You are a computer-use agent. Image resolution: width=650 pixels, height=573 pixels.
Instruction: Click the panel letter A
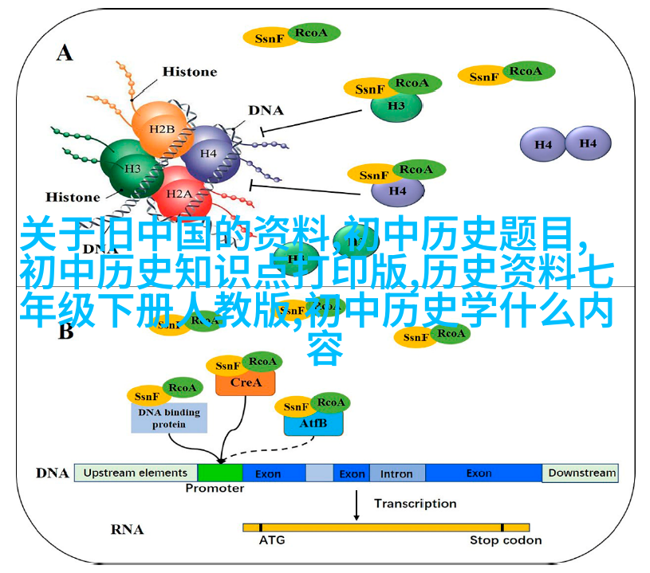[65, 53]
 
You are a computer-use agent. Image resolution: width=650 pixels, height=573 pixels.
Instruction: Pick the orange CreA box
[245, 383]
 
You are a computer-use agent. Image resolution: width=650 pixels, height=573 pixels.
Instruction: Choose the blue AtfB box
[313, 423]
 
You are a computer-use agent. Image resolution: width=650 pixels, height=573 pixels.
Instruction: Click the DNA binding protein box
[169, 418]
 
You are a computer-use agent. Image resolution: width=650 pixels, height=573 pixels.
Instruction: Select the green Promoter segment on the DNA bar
[220, 473]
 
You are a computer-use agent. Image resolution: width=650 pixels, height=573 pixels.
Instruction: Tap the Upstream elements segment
[136, 473]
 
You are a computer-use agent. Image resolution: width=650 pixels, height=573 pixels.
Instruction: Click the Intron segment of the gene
[396, 473]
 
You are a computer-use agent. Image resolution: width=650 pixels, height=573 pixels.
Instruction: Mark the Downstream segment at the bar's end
[582, 473]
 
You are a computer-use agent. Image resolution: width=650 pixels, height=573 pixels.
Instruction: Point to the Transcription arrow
[355, 504]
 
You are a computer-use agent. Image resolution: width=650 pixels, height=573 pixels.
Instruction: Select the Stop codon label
[506, 540]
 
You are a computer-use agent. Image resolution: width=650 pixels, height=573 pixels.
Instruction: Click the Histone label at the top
[190, 72]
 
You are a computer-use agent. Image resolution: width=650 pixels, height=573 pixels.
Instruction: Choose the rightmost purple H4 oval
[588, 143]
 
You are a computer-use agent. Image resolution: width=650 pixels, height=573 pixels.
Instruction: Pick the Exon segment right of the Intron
[479, 473]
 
